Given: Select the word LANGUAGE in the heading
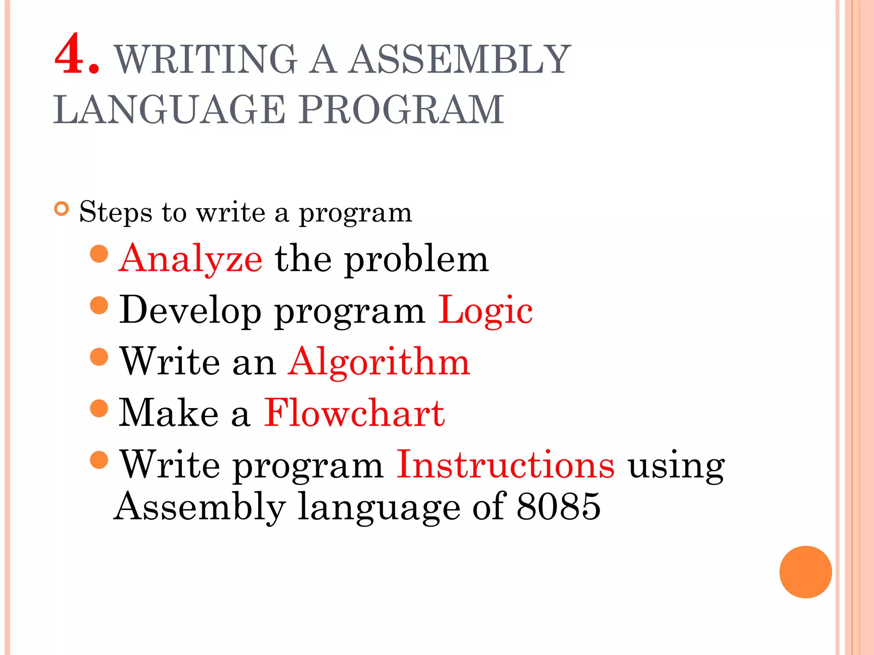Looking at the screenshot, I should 169,110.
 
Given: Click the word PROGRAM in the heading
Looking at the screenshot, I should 401,110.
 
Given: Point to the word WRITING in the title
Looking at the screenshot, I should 206,59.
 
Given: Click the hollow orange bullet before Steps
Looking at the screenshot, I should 62,209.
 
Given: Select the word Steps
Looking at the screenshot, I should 116,212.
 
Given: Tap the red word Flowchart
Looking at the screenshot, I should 354,413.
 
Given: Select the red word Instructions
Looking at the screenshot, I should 506,464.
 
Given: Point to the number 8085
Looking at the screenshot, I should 559,507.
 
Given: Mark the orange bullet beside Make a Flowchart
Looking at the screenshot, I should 99,408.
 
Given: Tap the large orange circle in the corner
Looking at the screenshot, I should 805,572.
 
